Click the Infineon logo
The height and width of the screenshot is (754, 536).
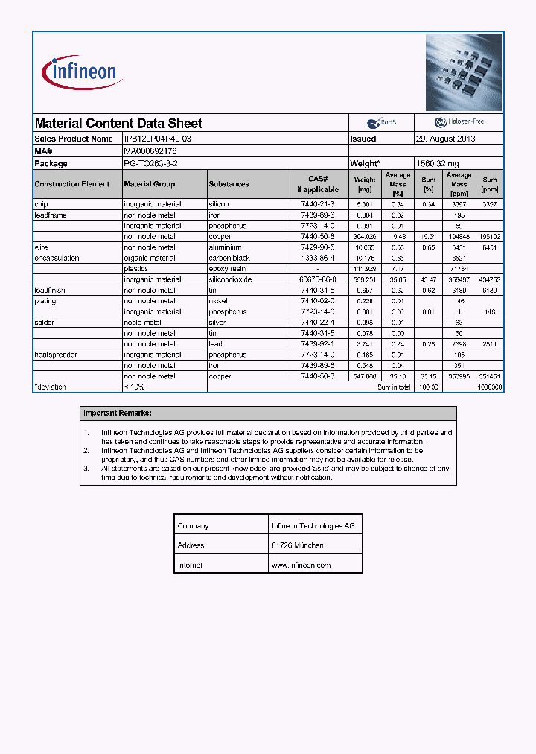[x=83, y=73]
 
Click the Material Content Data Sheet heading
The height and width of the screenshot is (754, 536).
[x=118, y=124]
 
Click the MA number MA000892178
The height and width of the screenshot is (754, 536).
[x=150, y=151]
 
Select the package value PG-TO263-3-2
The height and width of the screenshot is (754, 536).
[x=151, y=163]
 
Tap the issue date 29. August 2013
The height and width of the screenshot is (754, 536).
[x=445, y=139]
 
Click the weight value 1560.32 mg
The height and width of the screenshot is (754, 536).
[x=437, y=163]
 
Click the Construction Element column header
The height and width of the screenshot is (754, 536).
[x=72, y=184]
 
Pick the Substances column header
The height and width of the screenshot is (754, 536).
[x=229, y=184]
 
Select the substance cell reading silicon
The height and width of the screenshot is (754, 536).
[x=219, y=204]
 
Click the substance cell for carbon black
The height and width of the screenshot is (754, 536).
[x=229, y=258]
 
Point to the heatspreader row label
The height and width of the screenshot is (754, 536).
[x=56, y=355]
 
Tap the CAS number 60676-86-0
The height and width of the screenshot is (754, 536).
[x=316, y=279]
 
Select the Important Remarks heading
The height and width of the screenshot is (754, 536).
[x=118, y=413]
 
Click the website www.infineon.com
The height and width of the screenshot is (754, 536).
[x=301, y=565]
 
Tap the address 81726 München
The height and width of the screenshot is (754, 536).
[x=297, y=545]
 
